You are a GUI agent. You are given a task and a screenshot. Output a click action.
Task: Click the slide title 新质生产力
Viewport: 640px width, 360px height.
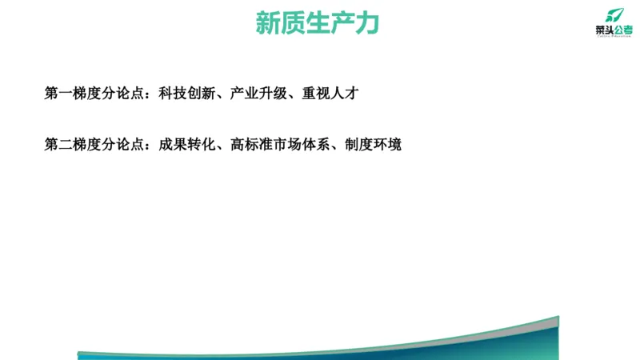click(317, 23)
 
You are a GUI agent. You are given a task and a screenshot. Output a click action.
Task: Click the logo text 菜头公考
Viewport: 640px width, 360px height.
click(612, 30)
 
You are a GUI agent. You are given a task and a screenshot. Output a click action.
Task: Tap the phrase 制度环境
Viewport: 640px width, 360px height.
click(374, 145)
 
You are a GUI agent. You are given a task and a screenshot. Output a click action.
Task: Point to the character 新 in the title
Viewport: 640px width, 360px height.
click(267, 23)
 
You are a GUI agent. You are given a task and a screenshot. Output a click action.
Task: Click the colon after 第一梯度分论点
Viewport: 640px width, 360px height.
click(150, 94)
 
